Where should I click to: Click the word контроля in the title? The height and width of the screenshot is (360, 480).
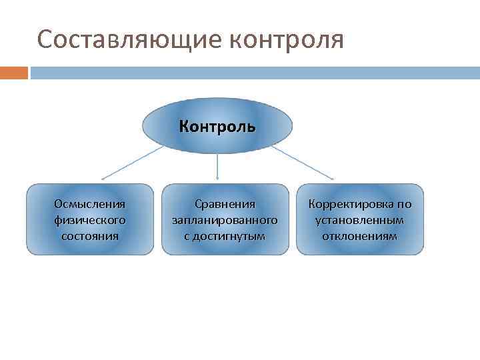pos(286,39)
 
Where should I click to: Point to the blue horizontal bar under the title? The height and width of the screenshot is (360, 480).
pos(253,72)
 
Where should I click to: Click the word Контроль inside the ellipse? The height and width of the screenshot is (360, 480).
pos(218,126)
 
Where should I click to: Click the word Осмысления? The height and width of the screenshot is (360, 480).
pos(90,203)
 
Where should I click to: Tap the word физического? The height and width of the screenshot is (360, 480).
pos(90,219)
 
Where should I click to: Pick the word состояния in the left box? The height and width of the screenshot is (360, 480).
pos(90,235)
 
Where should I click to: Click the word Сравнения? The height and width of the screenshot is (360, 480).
pos(225,203)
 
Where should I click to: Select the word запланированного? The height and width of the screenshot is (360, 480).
pos(225,219)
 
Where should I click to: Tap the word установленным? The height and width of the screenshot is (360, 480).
pos(360,219)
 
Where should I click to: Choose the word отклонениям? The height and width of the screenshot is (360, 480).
pos(360,235)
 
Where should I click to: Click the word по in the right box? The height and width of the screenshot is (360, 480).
pos(405,203)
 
